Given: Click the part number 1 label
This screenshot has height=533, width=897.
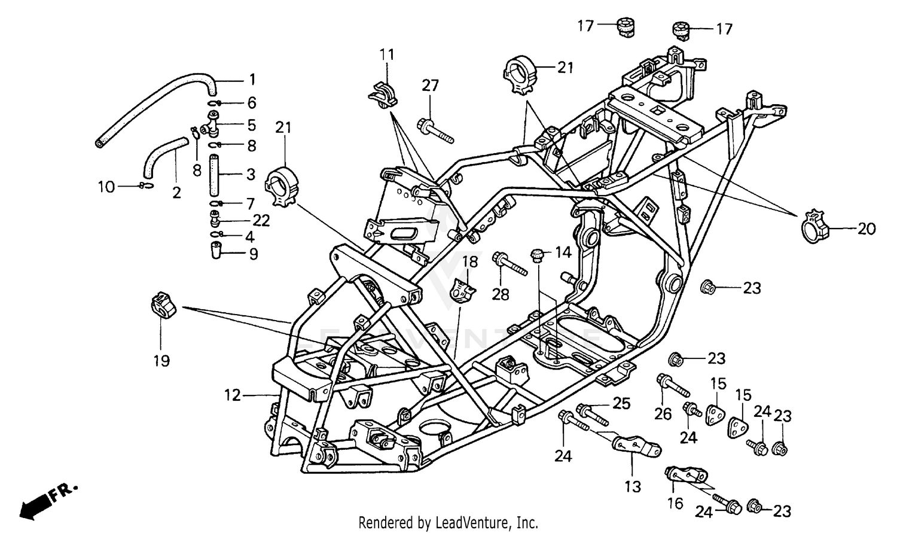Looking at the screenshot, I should (x=252, y=80).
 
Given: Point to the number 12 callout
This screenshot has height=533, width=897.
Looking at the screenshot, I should (x=232, y=395).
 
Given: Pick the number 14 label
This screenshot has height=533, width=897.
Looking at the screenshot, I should (x=563, y=252).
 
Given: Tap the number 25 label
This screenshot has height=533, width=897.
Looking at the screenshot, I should (x=622, y=404).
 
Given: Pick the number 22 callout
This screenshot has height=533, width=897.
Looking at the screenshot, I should (x=261, y=221).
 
